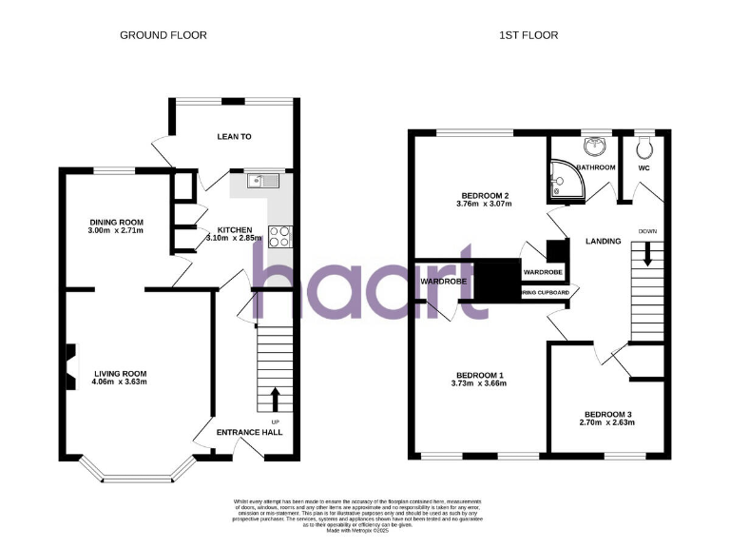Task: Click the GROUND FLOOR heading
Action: point(163,35)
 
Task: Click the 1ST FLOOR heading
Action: point(528,35)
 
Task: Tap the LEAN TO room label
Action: point(234,137)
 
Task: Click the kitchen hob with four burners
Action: point(279,235)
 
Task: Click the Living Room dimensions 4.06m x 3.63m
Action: point(120,382)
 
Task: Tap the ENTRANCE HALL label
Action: point(250,433)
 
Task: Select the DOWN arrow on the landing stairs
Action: point(648,253)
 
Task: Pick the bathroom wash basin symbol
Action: point(597,146)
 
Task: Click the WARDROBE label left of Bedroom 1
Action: point(441,283)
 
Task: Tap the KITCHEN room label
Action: point(234,230)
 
